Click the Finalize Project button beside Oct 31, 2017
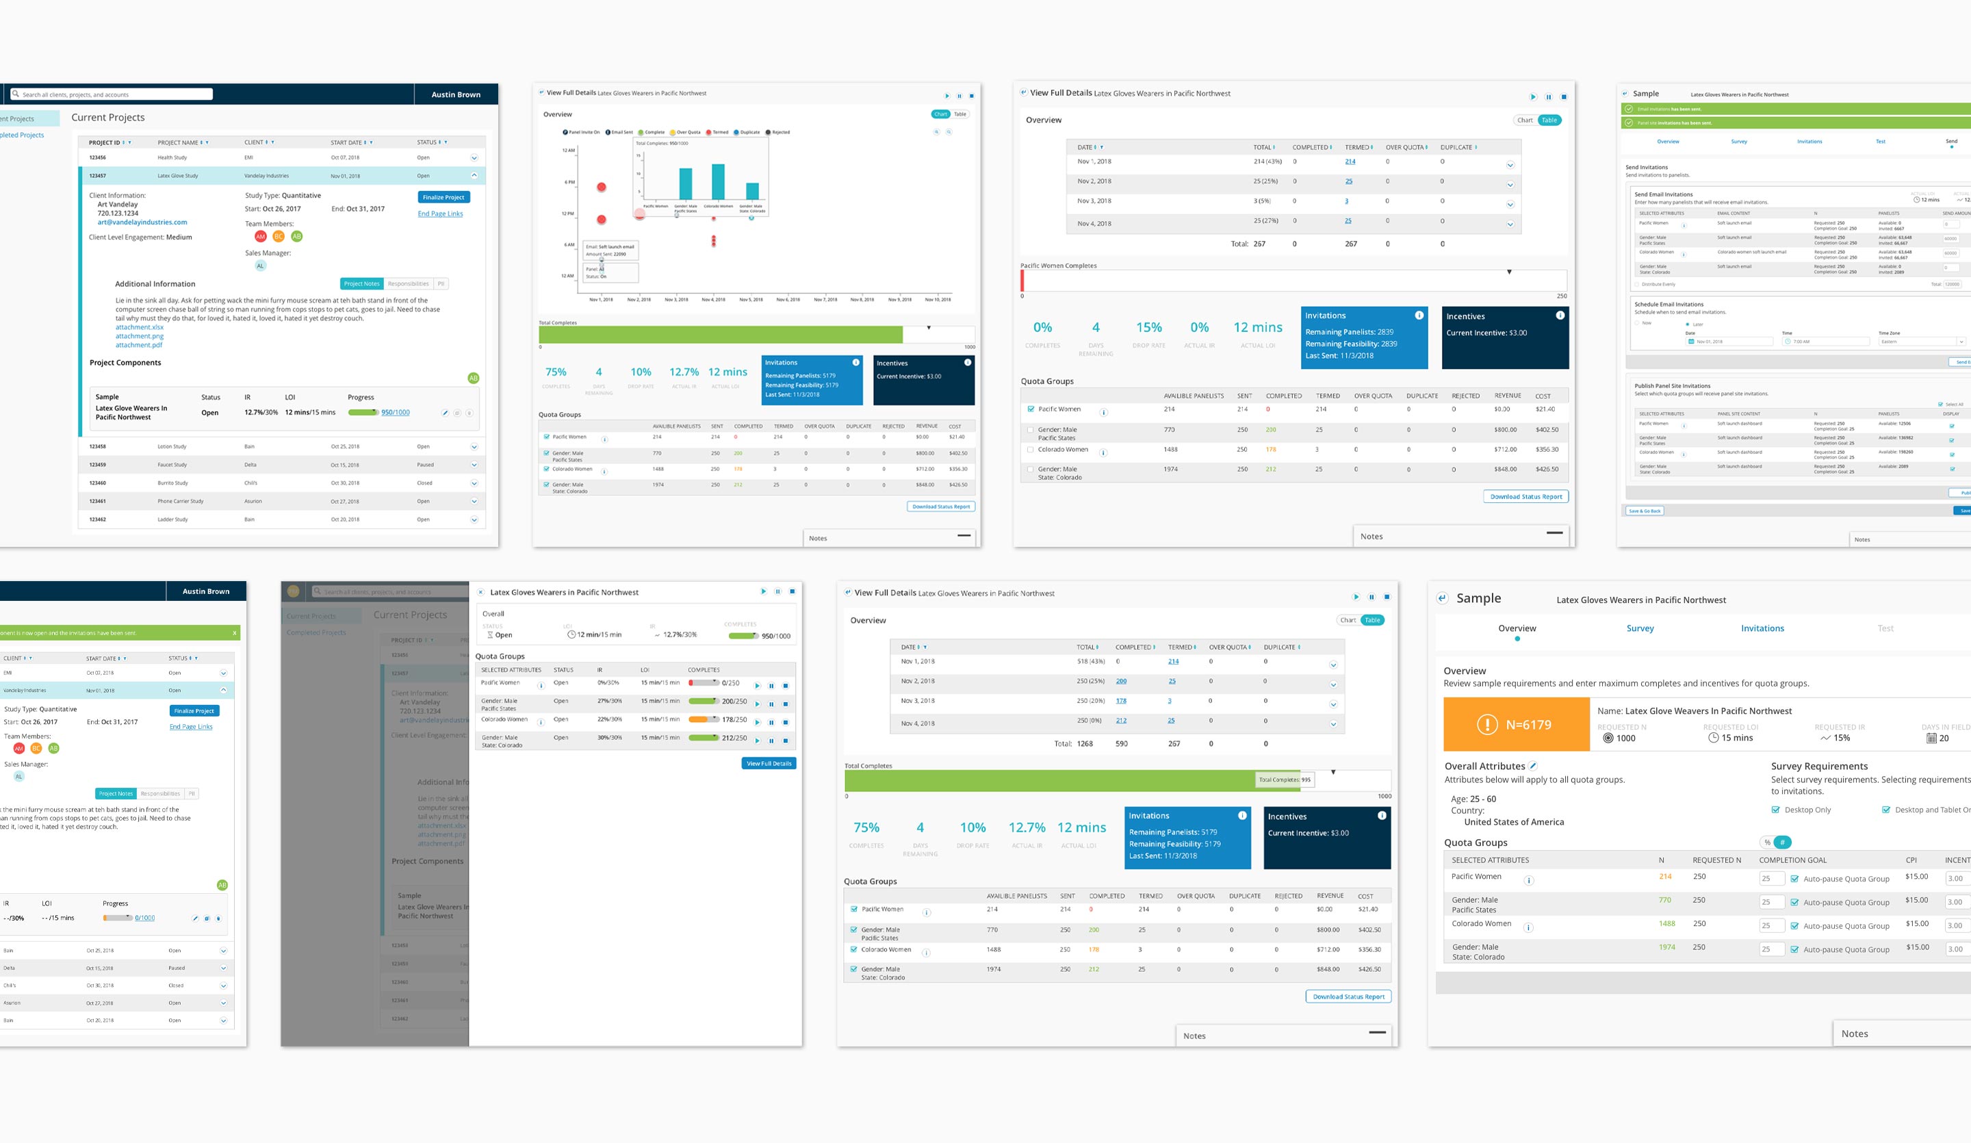click(443, 197)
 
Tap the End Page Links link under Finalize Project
click(439, 214)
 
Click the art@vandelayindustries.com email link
click(142, 222)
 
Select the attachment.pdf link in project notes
click(138, 345)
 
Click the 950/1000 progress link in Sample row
click(395, 412)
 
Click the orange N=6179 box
click(1516, 724)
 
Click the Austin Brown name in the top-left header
click(456, 94)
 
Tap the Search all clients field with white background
click(112, 94)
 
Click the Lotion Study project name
click(171, 447)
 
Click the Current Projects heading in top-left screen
click(108, 117)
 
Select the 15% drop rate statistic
click(1148, 327)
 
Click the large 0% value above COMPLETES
click(1042, 327)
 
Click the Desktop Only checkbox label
click(1807, 810)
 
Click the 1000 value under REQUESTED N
click(1625, 738)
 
